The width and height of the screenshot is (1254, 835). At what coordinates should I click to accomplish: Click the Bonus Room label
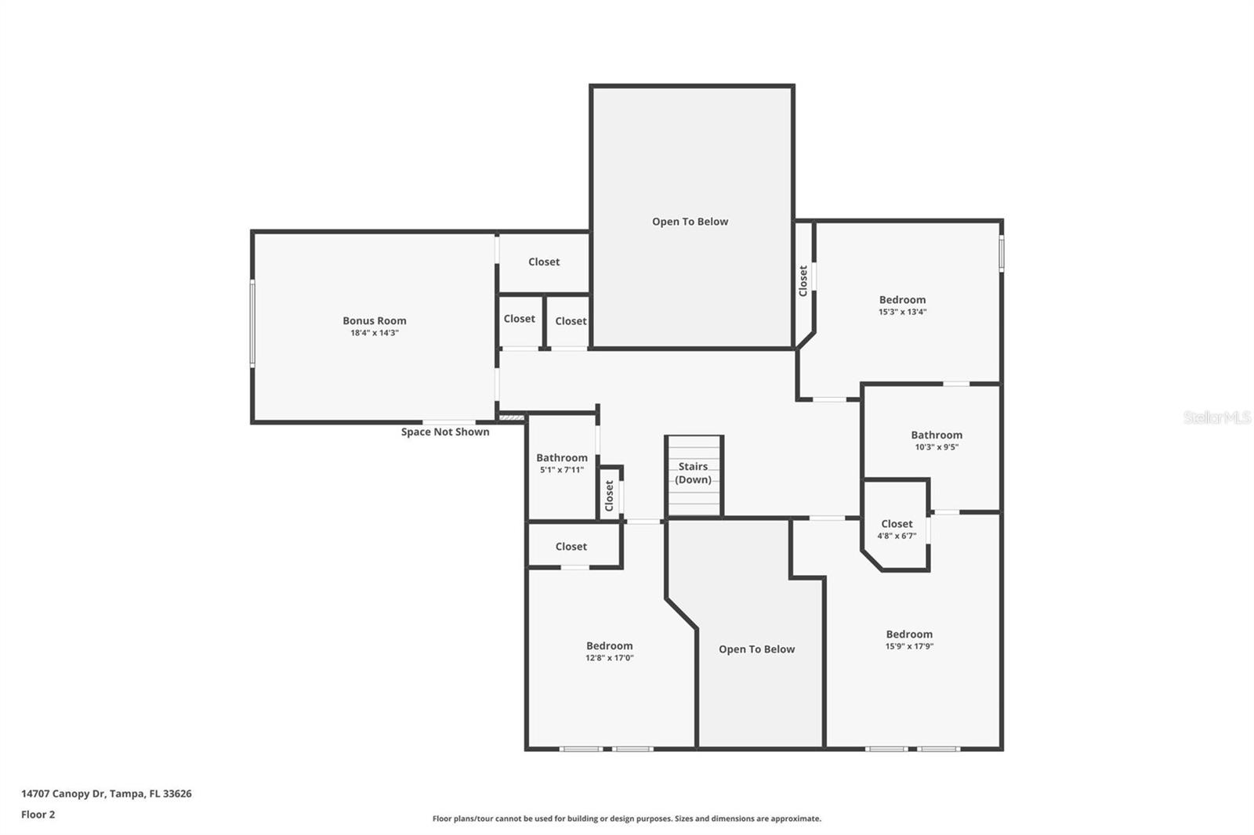pos(374,320)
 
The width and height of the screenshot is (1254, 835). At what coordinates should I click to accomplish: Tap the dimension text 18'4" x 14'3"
pos(374,333)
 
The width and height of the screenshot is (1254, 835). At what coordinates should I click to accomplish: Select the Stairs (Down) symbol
pos(694,474)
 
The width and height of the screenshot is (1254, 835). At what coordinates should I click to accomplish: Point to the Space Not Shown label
pos(444,432)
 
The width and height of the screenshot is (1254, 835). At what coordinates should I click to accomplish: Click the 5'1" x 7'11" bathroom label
pos(561,458)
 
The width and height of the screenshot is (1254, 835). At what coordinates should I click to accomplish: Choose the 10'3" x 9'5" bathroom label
pos(936,436)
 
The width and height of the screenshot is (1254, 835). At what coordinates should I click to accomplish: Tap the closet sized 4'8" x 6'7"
pos(897,524)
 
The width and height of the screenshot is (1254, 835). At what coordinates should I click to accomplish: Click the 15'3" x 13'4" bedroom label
pos(902,300)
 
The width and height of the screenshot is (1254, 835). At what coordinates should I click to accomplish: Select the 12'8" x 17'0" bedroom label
pos(609,646)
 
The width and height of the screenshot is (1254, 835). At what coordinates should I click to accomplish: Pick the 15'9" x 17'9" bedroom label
pos(909,634)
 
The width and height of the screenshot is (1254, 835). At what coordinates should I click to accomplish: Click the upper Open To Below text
pos(690,222)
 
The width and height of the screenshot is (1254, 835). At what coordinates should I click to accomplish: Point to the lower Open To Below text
pos(756,649)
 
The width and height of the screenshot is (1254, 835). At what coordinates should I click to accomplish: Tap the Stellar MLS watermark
pos(1216,417)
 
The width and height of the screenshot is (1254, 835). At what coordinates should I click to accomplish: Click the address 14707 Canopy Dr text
pos(106,793)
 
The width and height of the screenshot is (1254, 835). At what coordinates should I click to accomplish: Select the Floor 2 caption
pos(38,815)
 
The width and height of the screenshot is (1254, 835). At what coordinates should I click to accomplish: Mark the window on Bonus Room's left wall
pos(252,323)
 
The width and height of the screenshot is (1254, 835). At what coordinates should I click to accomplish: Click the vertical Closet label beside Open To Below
pos(803,280)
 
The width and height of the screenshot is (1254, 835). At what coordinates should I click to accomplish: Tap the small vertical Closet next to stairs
pos(610,495)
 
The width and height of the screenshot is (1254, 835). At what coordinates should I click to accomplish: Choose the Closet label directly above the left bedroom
pos(571,547)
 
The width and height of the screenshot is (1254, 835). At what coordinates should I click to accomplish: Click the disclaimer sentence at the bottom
pos(626,819)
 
